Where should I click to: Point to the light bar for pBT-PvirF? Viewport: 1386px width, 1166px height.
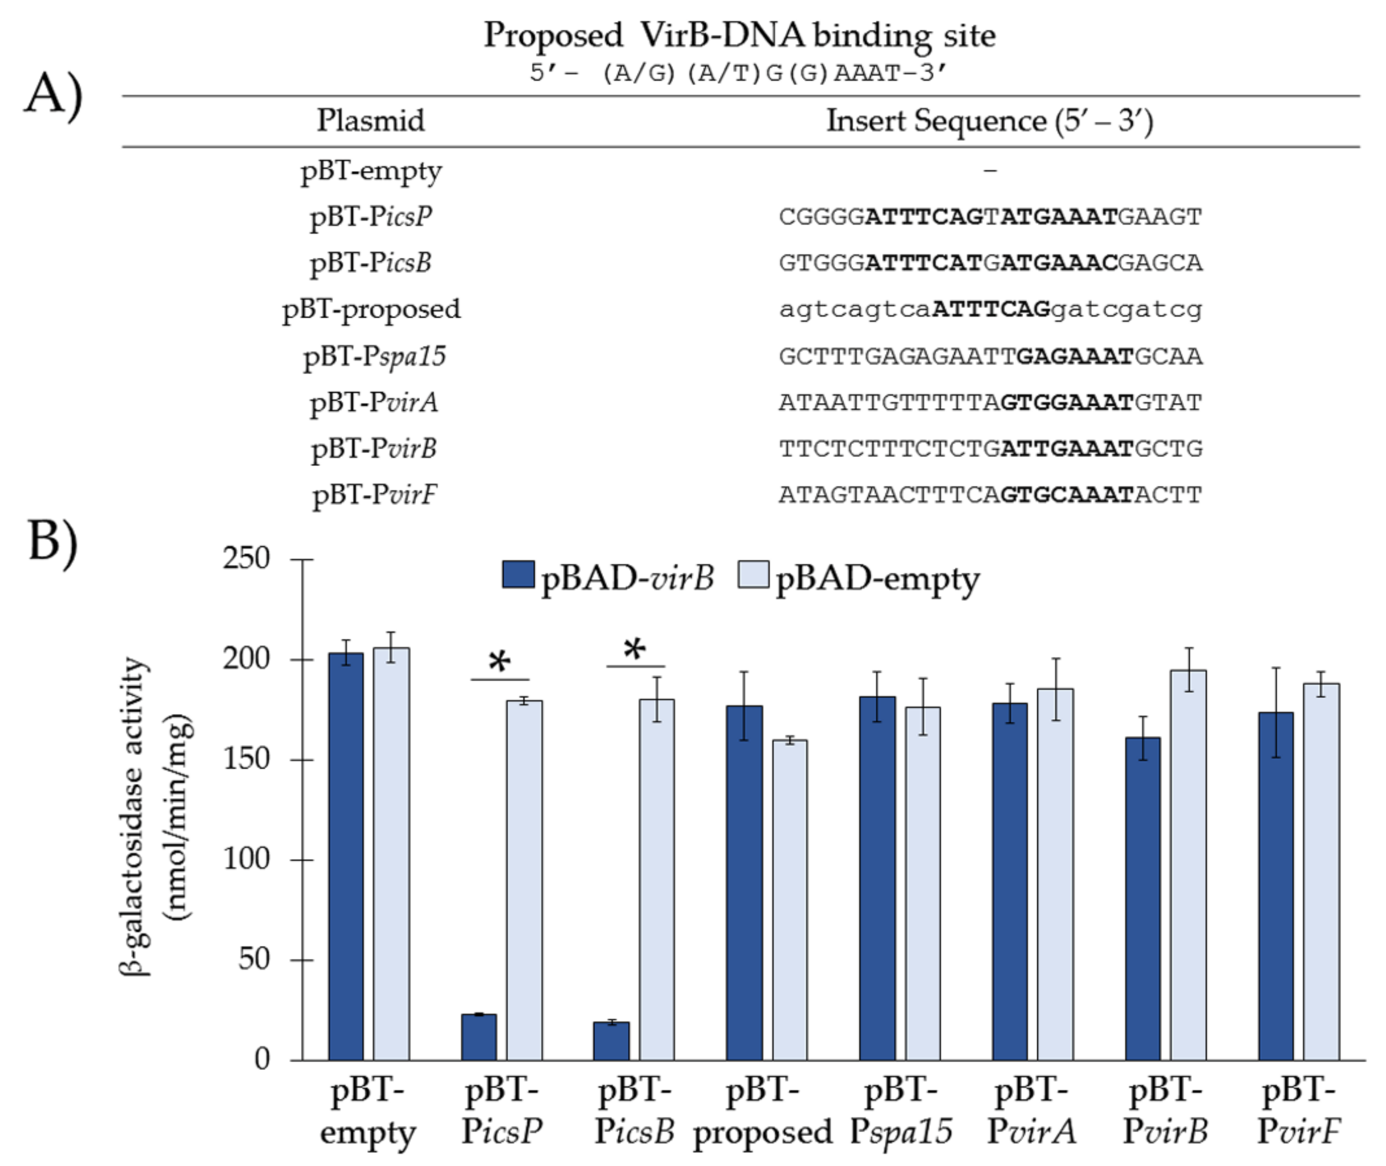point(1321,872)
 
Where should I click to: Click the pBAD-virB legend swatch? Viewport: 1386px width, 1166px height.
point(518,574)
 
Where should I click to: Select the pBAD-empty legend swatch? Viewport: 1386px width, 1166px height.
point(753,574)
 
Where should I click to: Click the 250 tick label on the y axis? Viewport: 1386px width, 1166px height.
point(246,558)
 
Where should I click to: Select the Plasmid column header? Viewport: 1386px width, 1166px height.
point(371,121)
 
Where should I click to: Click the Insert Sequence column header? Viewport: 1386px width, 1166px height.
point(989,121)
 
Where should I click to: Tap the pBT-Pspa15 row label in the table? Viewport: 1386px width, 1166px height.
point(374,356)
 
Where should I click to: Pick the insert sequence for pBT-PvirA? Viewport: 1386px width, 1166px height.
point(989,402)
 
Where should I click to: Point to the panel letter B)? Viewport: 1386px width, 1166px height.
point(53,540)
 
